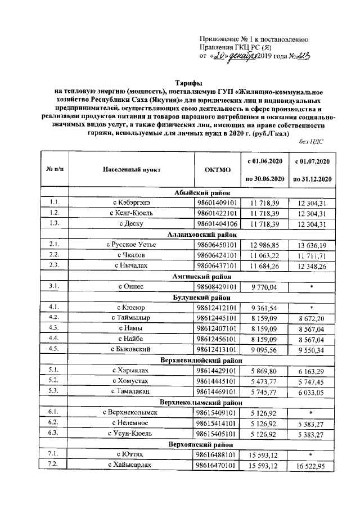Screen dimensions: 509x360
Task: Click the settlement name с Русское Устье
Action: [132, 245]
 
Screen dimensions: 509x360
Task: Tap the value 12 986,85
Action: [264, 245]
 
